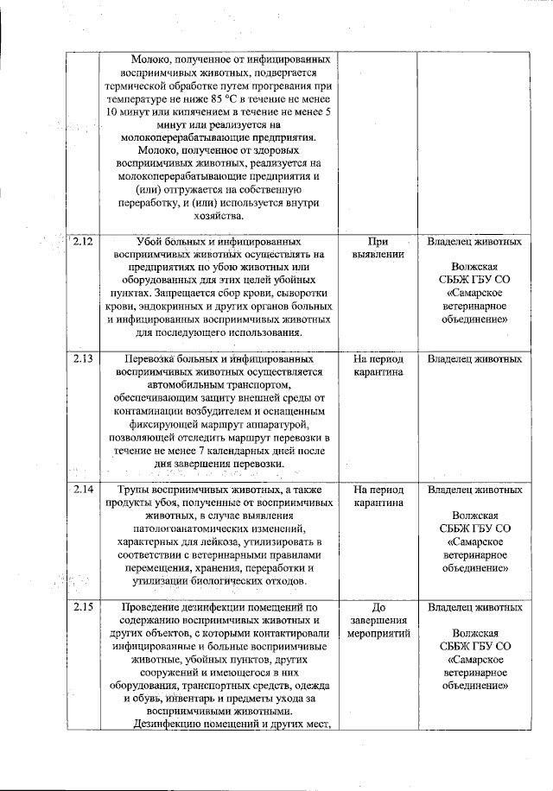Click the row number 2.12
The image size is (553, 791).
click(x=83, y=242)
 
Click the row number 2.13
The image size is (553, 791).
click(x=83, y=358)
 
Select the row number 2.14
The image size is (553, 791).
click(x=83, y=489)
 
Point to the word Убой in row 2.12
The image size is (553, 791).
click(x=153, y=243)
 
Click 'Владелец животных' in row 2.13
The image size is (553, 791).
click(x=474, y=358)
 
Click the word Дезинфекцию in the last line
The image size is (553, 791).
click(x=178, y=724)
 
